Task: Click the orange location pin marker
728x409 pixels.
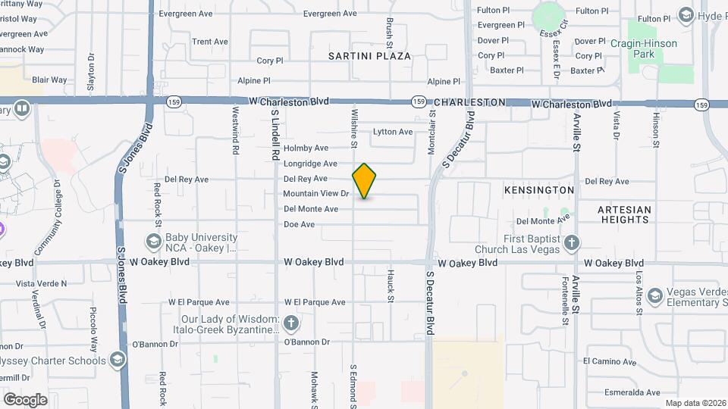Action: (364, 181)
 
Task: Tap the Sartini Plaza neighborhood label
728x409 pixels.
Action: (369, 56)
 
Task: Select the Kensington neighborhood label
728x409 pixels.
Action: (538, 189)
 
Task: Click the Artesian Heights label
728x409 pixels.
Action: (624, 214)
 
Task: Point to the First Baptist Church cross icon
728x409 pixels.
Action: (572, 242)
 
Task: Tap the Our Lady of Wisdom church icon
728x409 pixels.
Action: (290, 324)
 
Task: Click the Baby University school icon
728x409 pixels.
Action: (153, 242)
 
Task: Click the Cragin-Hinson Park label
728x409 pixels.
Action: (654, 49)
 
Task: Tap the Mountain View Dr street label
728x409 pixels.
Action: (315, 194)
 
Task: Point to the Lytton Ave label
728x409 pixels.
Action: (393, 132)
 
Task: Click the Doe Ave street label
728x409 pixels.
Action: (299, 225)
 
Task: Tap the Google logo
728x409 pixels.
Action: (25, 399)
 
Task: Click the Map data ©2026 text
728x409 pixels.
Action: (696, 403)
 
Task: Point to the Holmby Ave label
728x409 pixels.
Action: (306, 148)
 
